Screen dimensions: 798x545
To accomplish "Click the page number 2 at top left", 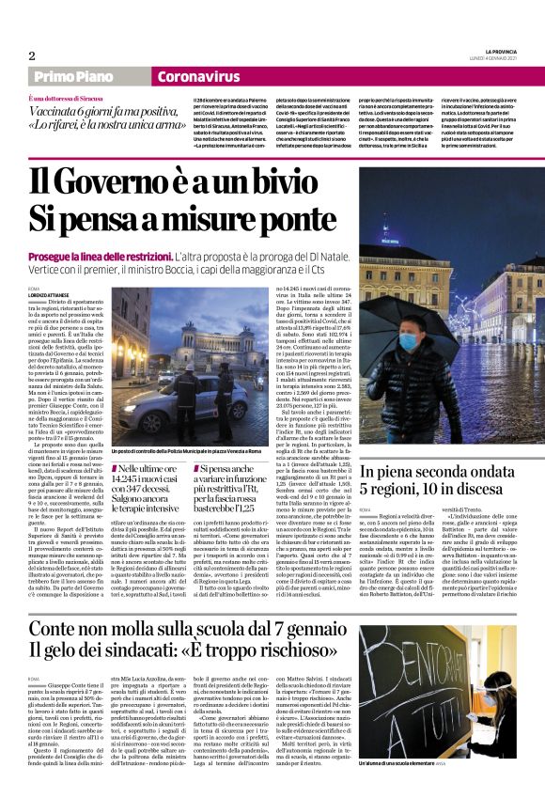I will click(x=32, y=55).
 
